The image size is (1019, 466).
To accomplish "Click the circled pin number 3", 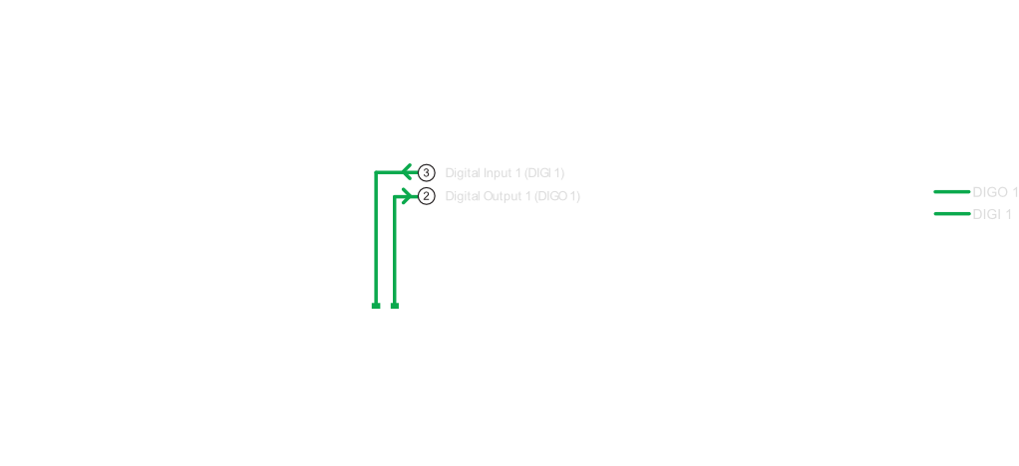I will pos(427,172).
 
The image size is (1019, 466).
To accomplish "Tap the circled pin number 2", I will pos(427,196).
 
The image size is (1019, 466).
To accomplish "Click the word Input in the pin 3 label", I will pos(497,172).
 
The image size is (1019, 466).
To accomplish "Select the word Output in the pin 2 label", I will pos(504,196).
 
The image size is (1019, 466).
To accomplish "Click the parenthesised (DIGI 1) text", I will pos(543,172).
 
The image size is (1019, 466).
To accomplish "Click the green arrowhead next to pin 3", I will pos(407,172).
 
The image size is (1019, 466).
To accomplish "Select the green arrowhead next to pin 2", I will pos(406,196).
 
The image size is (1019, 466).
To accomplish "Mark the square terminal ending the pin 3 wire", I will pos(376,306).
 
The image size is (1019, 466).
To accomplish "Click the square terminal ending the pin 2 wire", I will pos(394,306).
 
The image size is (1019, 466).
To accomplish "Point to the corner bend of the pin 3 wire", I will pos(376,173).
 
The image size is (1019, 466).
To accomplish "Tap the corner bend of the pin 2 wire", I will pos(395,197).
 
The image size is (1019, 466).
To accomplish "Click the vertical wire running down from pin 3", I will pos(376,239).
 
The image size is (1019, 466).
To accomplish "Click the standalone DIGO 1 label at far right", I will pos(995,191).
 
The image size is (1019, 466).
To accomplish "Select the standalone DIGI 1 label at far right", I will pos(992,214).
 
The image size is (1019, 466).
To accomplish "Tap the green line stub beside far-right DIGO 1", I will pos(951,191).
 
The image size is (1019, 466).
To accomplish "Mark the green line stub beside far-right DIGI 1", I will pos(951,213).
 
